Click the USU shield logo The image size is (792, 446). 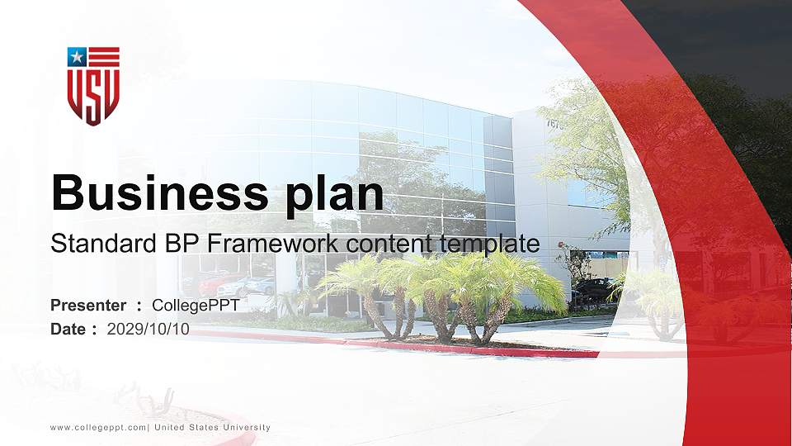click(93, 86)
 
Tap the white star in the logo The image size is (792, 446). click(77, 57)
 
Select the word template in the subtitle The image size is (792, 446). click(490, 244)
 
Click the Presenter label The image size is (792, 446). click(88, 306)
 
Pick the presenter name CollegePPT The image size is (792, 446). click(196, 306)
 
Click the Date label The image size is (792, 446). click(68, 329)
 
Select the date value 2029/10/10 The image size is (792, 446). click(148, 329)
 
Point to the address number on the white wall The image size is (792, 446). click(554, 124)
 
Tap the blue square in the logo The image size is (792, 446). click(77, 57)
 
